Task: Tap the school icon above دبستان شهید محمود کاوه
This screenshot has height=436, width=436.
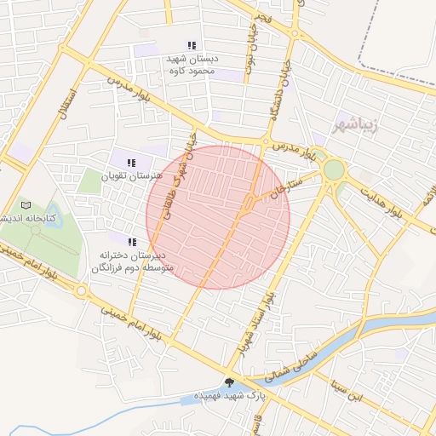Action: (192, 45)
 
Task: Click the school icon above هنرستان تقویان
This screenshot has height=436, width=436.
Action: (131, 163)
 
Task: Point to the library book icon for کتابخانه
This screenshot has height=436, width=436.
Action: (26, 205)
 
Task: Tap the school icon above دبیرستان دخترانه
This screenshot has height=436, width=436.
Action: (132, 241)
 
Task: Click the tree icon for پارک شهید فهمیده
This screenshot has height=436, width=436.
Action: (229, 381)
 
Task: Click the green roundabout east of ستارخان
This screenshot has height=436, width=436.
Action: (334, 170)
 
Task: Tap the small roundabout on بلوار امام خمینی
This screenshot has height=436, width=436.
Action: (81, 291)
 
